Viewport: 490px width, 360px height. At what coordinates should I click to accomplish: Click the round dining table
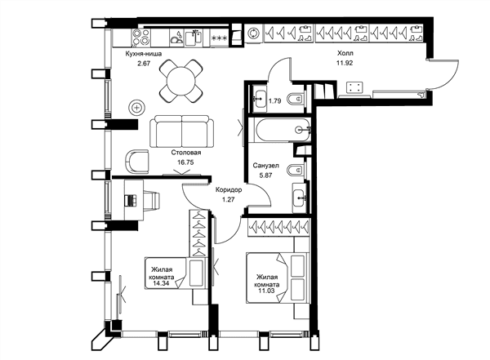(181, 82)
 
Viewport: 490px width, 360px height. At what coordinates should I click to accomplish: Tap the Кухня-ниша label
(144, 54)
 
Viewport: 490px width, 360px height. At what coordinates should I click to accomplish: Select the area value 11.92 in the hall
(345, 63)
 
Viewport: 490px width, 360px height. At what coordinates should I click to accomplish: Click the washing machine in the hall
(253, 33)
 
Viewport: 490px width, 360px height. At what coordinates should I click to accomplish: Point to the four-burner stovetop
(141, 37)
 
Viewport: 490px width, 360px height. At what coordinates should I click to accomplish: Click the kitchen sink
(194, 38)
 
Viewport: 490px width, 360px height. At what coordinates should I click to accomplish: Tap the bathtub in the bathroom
(283, 130)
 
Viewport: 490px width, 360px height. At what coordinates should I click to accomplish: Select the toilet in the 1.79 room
(296, 100)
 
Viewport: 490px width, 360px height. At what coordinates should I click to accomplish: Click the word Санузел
(265, 166)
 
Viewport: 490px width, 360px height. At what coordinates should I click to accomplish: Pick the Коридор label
(229, 189)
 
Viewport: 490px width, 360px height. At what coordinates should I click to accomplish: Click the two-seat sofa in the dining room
(182, 131)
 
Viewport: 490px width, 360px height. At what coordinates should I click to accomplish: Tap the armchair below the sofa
(137, 161)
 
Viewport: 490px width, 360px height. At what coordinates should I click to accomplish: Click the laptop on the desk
(131, 200)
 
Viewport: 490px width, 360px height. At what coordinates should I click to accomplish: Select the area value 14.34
(161, 283)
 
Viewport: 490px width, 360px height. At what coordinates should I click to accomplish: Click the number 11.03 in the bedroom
(266, 291)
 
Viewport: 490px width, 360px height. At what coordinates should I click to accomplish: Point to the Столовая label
(186, 153)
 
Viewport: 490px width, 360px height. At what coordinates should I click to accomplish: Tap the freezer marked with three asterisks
(219, 38)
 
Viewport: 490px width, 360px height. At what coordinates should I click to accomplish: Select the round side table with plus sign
(137, 108)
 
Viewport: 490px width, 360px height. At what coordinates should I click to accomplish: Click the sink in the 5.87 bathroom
(300, 198)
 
